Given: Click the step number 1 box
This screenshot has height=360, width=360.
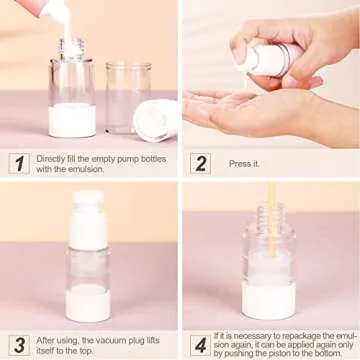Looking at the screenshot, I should point(18,163).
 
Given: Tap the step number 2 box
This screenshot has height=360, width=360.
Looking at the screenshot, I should point(199,163).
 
